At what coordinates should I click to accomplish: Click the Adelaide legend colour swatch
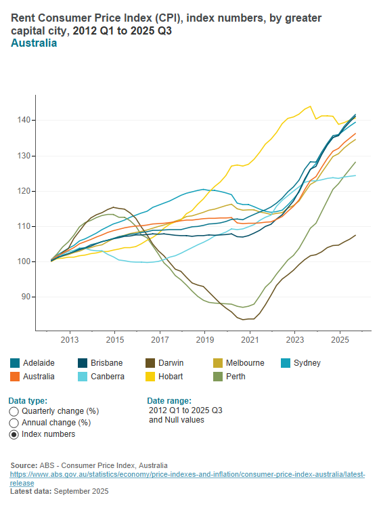[16, 363]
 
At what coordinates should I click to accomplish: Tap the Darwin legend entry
[169, 363]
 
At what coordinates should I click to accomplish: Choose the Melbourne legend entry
[238, 363]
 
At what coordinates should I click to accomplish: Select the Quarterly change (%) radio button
[14, 411]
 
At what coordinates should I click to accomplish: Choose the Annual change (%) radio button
[14, 423]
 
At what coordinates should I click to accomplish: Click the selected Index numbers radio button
[14, 434]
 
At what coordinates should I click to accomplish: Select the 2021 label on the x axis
[250, 339]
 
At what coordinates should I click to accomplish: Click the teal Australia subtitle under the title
[34, 43]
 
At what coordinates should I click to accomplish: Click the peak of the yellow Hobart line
[310, 106]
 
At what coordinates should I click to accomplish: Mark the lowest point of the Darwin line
[248, 319]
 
